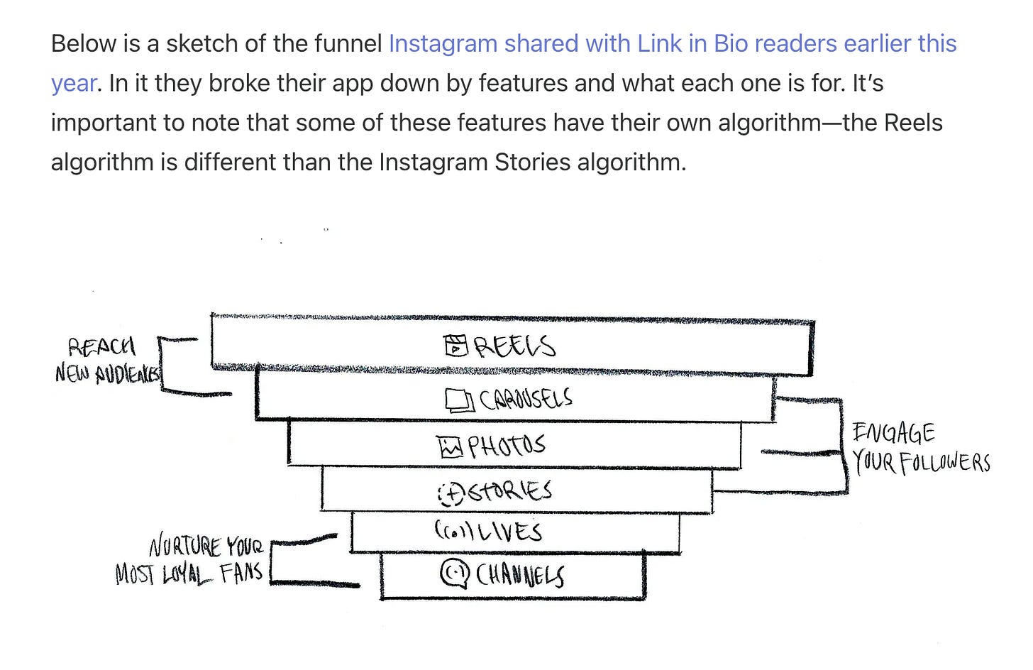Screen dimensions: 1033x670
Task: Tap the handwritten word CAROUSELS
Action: (x=526, y=400)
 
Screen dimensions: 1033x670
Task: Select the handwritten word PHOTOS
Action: (x=507, y=446)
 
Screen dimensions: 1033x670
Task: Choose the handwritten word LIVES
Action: (x=508, y=532)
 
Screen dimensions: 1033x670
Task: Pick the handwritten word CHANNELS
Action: (x=520, y=575)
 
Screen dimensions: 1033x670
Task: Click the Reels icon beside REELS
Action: (x=456, y=346)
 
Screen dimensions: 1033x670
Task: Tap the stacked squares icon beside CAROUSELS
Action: (x=459, y=401)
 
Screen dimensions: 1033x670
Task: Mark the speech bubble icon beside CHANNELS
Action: (x=455, y=574)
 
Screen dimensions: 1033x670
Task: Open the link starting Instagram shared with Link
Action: (x=672, y=44)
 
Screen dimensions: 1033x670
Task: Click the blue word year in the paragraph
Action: (x=73, y=84)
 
